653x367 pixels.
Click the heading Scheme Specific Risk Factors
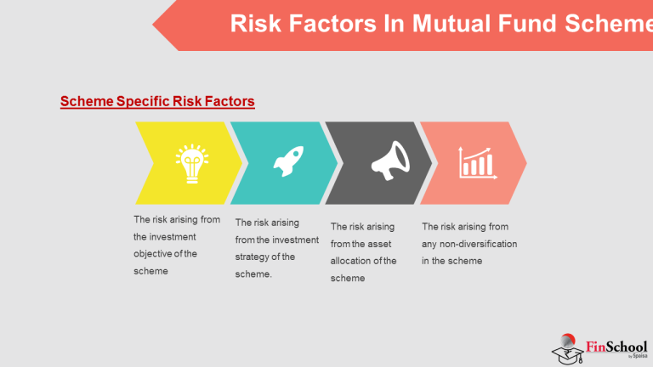(157, 102)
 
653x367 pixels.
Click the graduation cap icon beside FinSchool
(568, 351)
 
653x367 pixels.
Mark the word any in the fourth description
(430, 244)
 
